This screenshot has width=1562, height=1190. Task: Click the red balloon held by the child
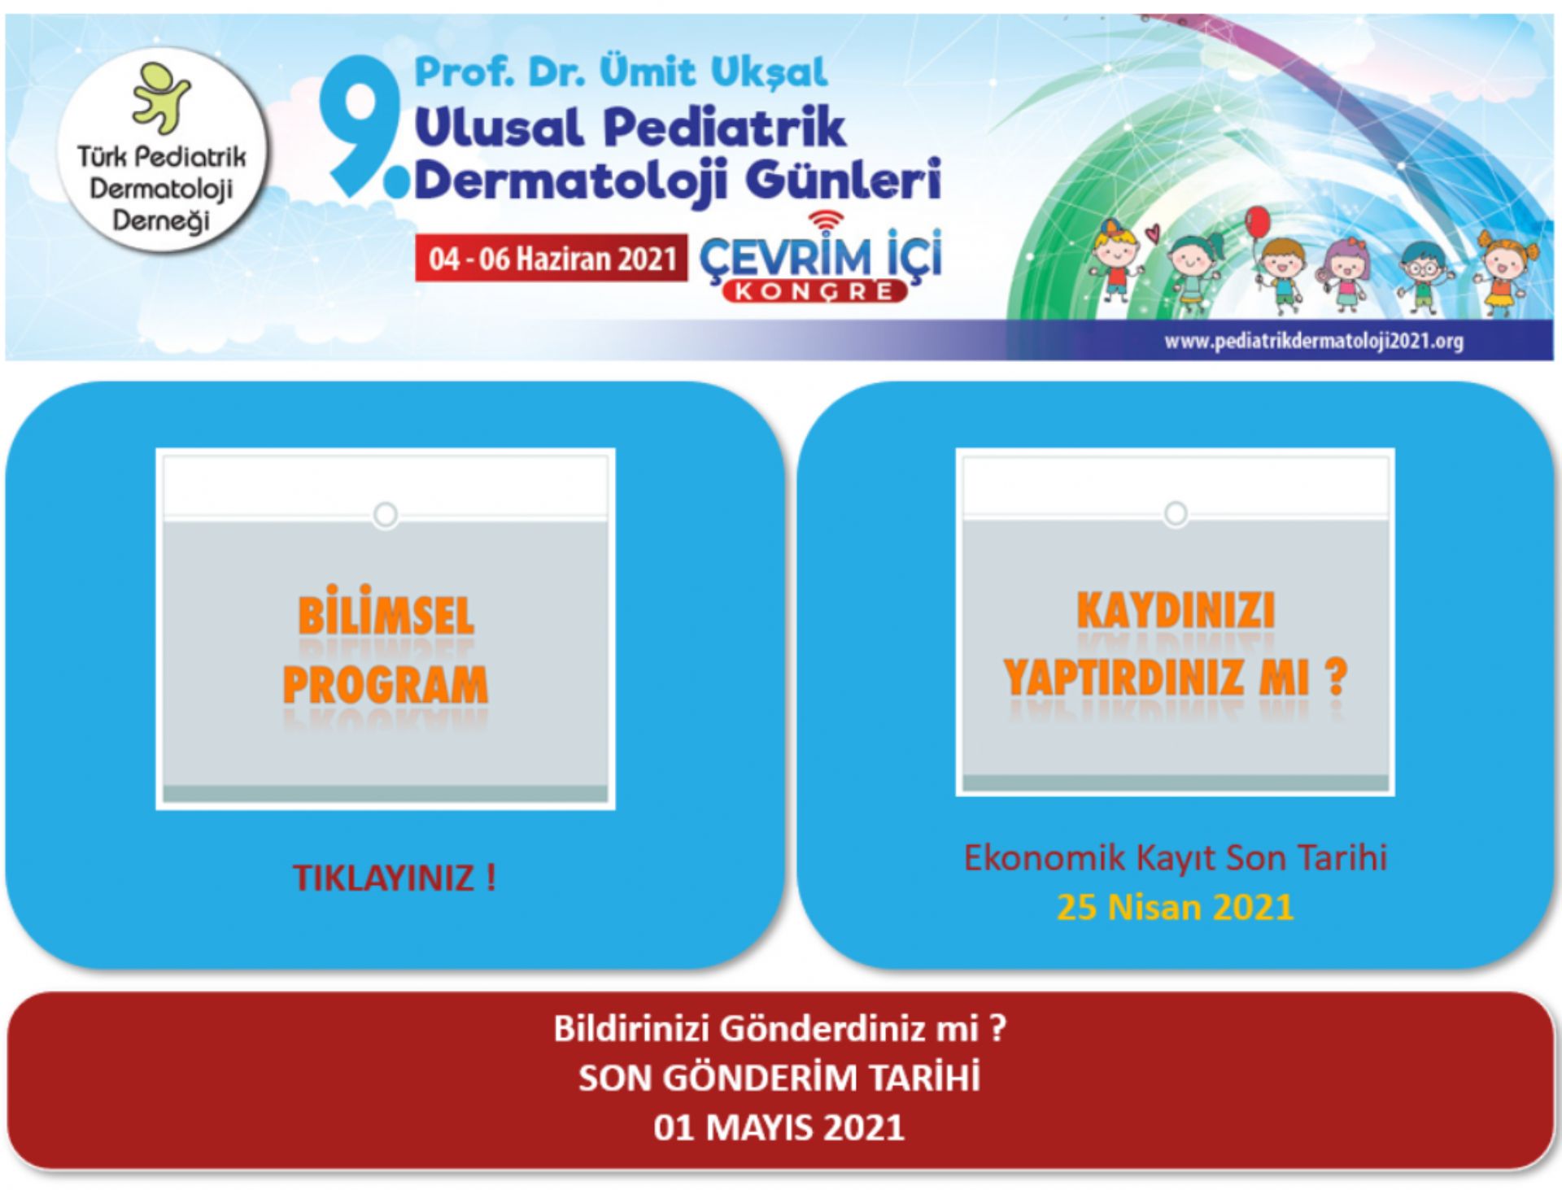click(1257, 221)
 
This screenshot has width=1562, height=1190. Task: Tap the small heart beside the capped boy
click(1152, 233)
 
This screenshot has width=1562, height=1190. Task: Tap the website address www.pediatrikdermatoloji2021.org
click(1313, 341)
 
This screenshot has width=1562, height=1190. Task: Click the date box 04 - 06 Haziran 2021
click(551, 258)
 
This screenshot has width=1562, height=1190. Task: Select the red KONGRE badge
click(814, 291)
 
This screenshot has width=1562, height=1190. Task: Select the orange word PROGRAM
click(386, 684)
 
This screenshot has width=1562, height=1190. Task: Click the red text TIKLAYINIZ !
click(395, 878)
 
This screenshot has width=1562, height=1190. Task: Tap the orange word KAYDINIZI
click(1176, 610)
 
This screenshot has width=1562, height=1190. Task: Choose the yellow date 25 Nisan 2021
click(1175, 907)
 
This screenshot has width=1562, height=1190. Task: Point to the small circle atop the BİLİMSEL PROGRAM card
click(386, 515)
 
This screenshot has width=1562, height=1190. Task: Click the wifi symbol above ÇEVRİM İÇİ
click(827, 220)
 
